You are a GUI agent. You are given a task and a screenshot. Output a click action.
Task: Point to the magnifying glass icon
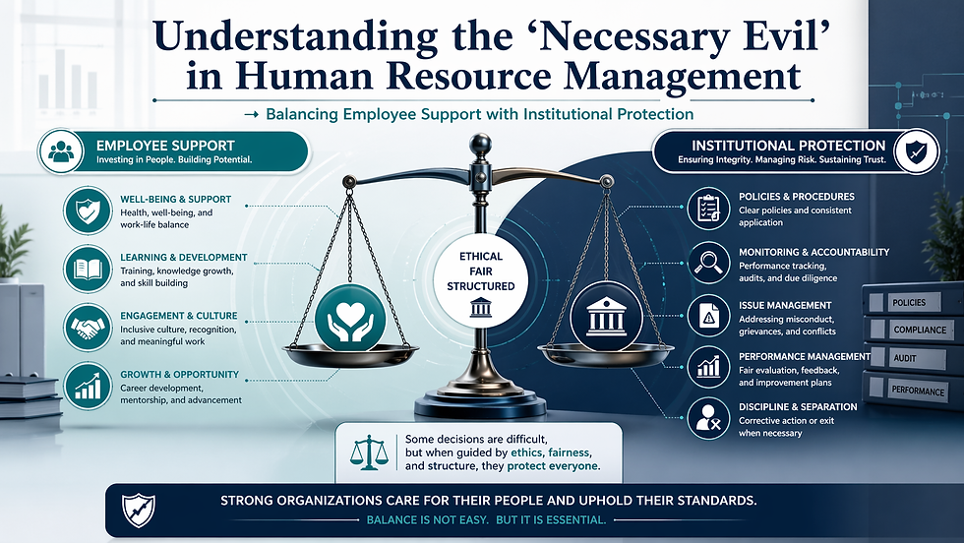pyautogui.click(x=707, y=262)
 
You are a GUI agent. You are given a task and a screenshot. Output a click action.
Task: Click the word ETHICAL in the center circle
pyautogui.click(x=481, y=256)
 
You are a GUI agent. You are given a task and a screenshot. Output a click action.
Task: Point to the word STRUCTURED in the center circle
pyautogui.click(x=481, y=286)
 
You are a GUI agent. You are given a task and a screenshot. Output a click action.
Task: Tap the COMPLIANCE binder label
pyautogui.click(x=919, y=330)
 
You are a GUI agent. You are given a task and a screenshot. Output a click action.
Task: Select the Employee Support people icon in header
pyautogui.click(x=62, y=152)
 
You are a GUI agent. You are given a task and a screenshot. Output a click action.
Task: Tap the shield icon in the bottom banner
pyautogui.click(x=136, y=509)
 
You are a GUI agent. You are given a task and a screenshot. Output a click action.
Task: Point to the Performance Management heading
pyautogui.click(x=805, y=356)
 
